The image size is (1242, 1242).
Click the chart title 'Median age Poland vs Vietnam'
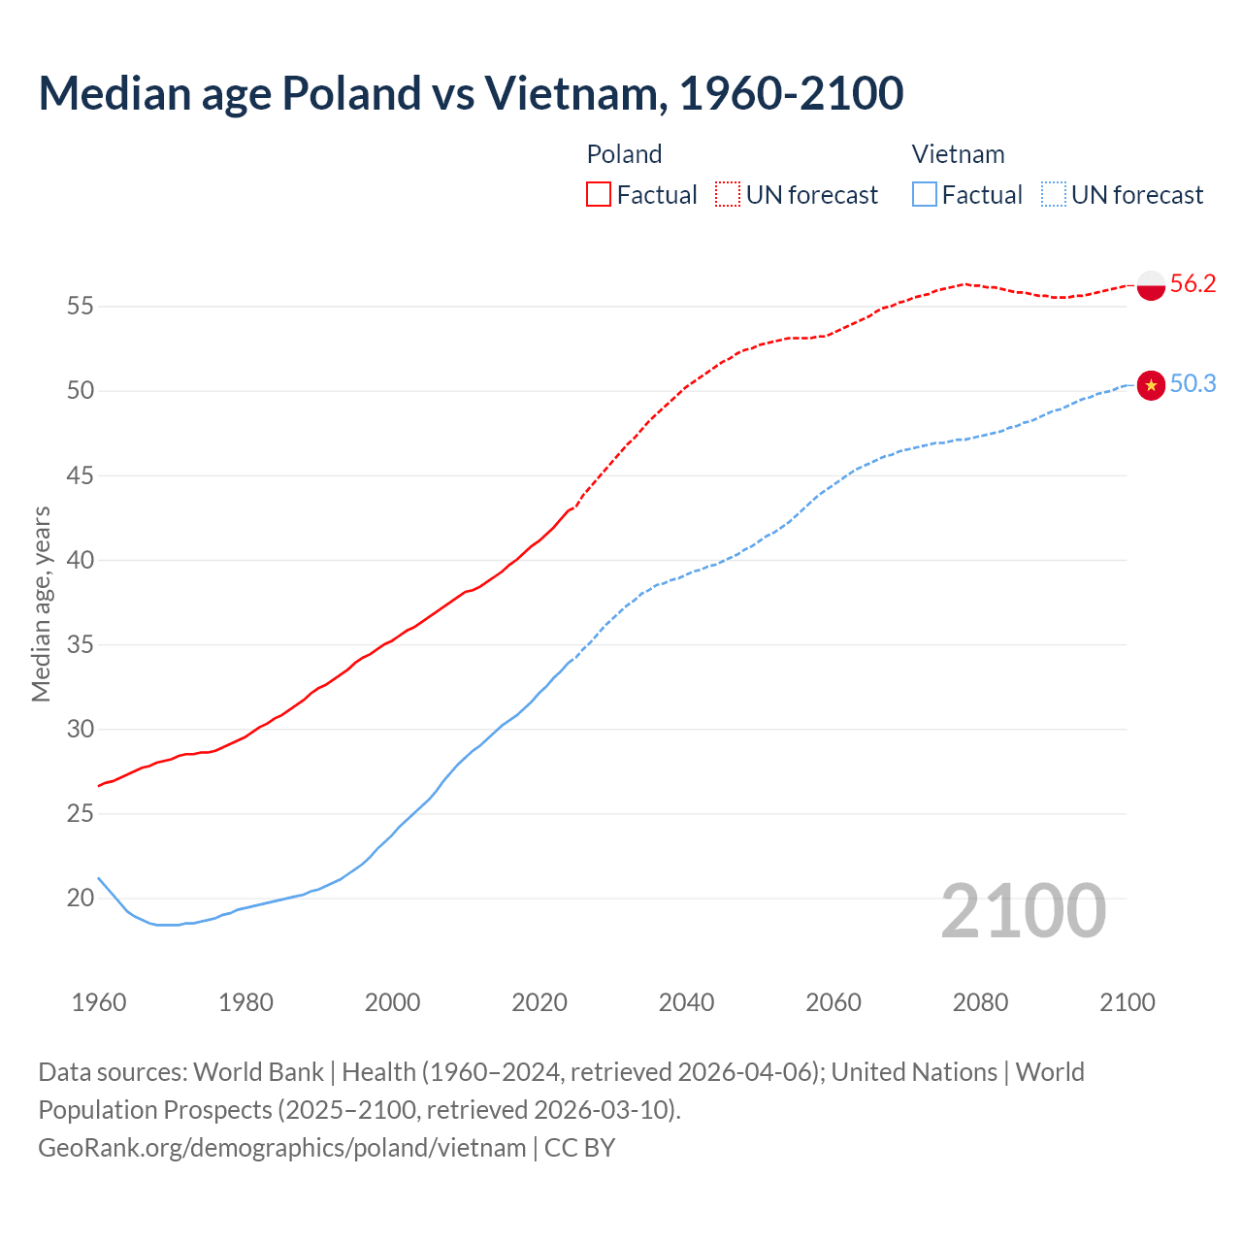(471, 93)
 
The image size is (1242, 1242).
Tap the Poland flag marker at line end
(1151, 285)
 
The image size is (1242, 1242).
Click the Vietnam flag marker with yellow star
(1151, 385)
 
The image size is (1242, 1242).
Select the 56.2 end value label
(1193, 283)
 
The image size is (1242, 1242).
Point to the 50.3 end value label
(1193, 384)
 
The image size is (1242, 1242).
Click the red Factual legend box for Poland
(599, 195)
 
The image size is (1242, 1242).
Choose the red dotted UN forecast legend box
(728, 195)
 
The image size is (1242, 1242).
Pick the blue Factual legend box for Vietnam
(925, 195)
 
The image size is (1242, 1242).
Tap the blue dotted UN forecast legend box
(1054, 195)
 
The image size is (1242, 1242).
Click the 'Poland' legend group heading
(624, 154)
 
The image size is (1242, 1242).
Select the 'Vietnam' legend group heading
(958, 154)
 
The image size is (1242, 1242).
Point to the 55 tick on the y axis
(80, 307)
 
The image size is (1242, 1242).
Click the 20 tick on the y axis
(80, 899)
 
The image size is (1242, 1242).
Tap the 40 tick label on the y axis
(80, 560)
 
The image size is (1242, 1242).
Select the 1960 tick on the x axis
(99, 1002)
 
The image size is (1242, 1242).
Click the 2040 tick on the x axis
(686, 1002)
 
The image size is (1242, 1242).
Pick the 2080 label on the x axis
(980, 1002)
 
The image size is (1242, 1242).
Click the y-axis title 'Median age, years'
(41, 604)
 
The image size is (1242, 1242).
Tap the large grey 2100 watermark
(1024, 910)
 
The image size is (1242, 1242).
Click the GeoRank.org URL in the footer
(282, 1148)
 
